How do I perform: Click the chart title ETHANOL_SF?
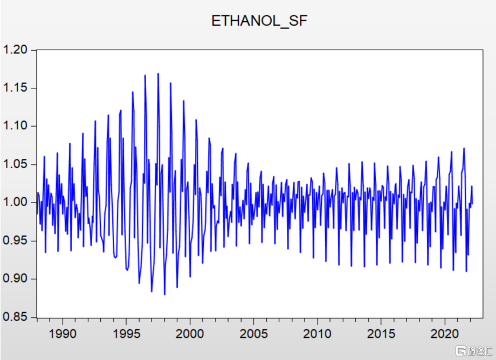pos(259,21)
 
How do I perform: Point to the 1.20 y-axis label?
pos(15,50)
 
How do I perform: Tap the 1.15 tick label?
pos(15,88)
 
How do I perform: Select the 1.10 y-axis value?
pos(15,126)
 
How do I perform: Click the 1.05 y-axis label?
pos(15,164)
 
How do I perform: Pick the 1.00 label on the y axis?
pos(15,202)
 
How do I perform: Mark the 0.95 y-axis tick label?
pos(15,240)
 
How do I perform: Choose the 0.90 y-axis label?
pos(15,279)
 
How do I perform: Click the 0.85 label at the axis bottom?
pos(15,317)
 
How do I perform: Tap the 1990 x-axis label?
pos(63,334)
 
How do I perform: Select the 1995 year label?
pos(127,334)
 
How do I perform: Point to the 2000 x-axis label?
pos(190,334)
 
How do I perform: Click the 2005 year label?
pos(254,334)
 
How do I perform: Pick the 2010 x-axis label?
pos(317,334)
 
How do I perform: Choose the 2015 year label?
pos(381,334)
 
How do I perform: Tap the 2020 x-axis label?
pos(445,334)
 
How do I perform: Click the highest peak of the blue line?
pos(158,74)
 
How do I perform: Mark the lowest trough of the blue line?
pos(164,294)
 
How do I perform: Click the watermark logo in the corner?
pos(474,351)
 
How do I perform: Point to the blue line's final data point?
pos(472,204)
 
